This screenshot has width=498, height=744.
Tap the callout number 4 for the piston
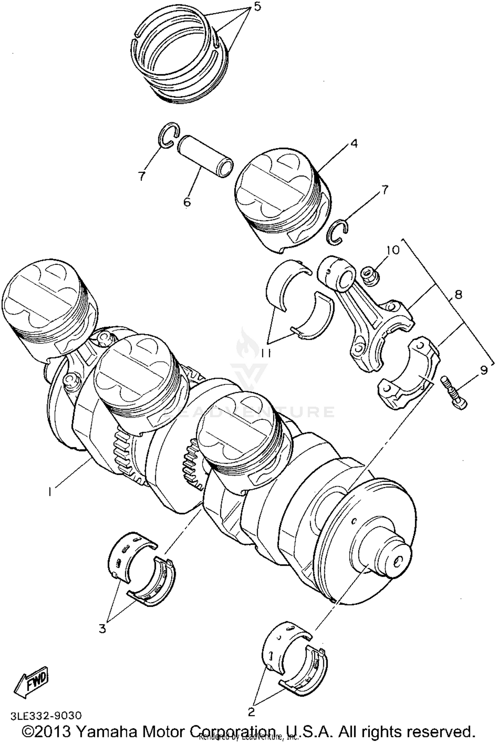(x=354, y=144)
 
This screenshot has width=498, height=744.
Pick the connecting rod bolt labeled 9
(x=454, y=392)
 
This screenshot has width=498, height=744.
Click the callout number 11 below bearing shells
(x=266, y=354)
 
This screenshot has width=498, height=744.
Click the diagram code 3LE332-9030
(x=46, y=714)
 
